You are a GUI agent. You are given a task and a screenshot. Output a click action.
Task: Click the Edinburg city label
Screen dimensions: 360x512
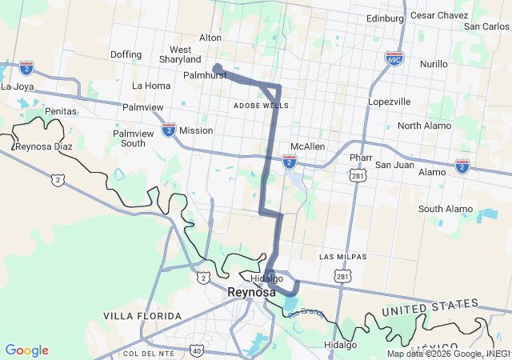[x=386, y=18]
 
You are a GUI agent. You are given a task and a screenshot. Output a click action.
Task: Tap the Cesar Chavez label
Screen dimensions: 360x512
[x=438, y=15]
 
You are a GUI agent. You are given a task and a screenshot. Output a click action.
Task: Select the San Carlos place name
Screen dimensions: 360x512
[x=486, y=26]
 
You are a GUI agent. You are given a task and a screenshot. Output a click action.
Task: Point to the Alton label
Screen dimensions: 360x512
[x=210, y=38]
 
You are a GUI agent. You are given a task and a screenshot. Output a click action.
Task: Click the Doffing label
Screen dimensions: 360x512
[x=126, y=55]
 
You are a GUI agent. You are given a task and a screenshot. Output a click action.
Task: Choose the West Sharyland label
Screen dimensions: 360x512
[x=180, y=54]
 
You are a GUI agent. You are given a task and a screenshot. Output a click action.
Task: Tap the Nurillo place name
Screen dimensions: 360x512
[x=434, y=63]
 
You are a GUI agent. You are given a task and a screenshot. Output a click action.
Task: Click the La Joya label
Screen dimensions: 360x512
[x=18, y=86]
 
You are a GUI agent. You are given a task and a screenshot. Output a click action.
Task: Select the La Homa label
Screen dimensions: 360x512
[x=151, y=86]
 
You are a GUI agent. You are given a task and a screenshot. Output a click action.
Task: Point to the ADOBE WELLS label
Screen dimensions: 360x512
[x=261, y=106]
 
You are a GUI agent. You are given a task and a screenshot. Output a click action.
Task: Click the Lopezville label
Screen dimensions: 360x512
[x=389, y=102]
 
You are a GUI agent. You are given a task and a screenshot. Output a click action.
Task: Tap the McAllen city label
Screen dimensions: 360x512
[x=307, y=147]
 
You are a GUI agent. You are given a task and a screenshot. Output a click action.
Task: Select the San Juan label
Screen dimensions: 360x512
[x=394, y=165]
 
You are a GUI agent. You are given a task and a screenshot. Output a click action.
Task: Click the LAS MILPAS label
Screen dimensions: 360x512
[x=342, y=257]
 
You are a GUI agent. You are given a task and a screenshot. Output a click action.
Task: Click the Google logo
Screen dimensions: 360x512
[x=26, y=350]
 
